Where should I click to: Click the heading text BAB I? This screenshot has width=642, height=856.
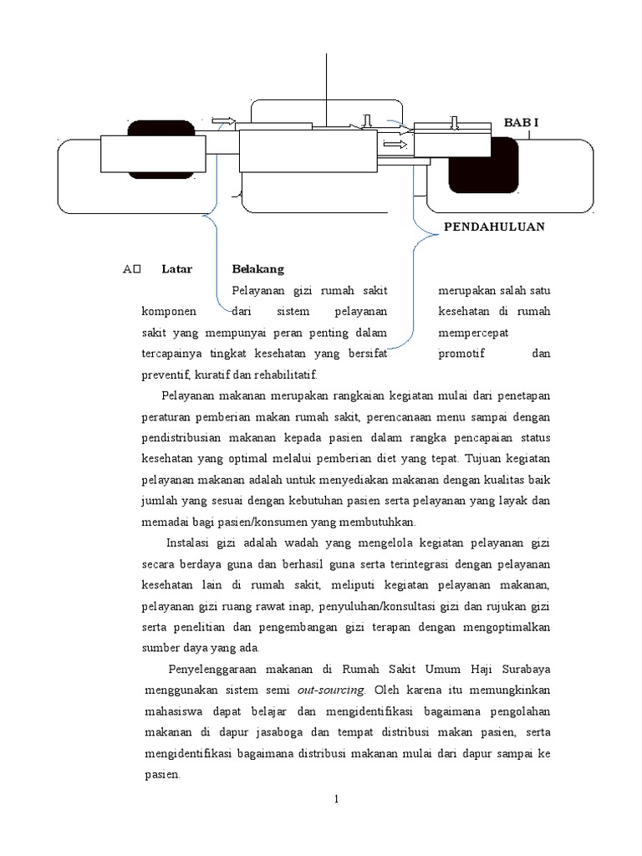(521, 123)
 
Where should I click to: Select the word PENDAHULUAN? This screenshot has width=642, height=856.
(493, 227)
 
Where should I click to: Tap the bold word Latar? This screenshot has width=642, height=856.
(177, 269)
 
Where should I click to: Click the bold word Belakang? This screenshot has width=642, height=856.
(258, 269)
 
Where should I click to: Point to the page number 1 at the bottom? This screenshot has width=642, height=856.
(336, 799)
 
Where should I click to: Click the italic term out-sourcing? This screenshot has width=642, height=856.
(333, 690)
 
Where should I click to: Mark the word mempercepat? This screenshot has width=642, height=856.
(474, 333)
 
